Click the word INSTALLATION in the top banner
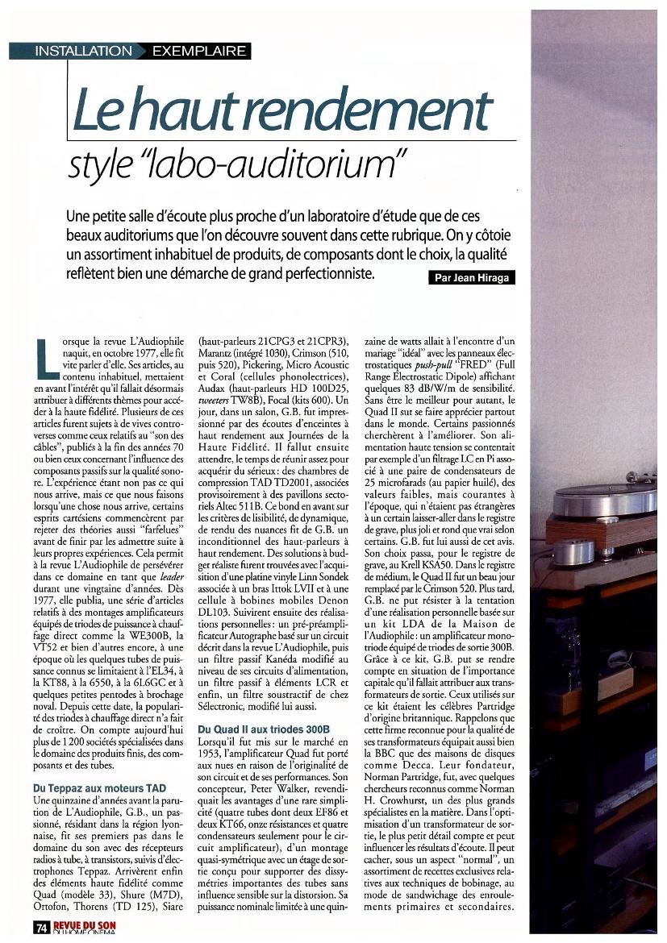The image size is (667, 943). tap(83, 51)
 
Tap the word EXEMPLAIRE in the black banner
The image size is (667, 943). tap(198, 51)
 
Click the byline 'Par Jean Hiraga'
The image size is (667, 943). tap(469, 277)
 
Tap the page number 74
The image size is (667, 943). tap(41, 927)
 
